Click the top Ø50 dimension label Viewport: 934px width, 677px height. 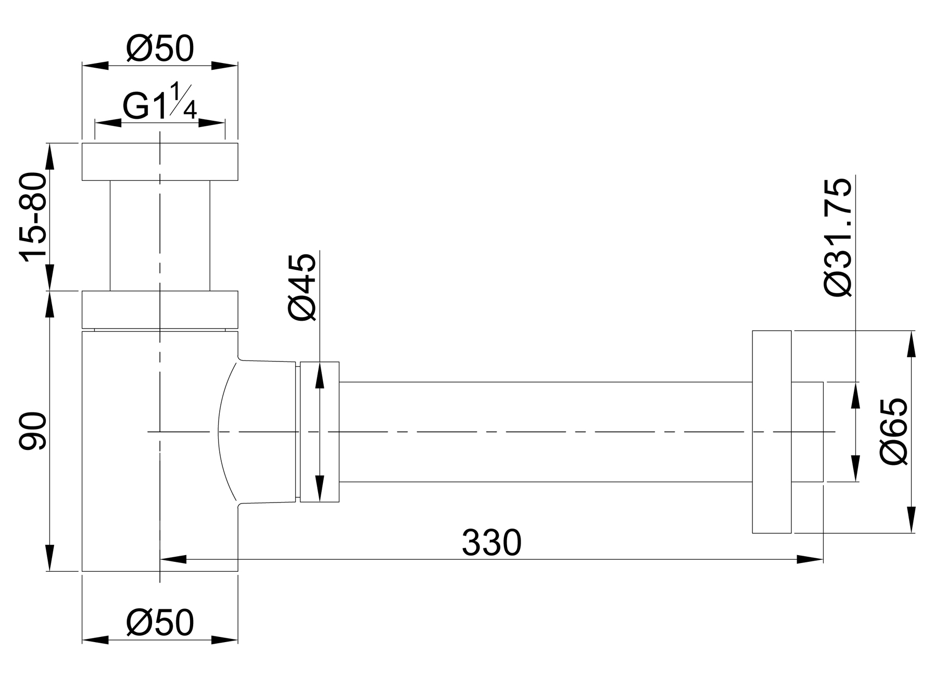click(x=160, y=49)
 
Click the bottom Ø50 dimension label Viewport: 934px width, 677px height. click(x=160, y=622)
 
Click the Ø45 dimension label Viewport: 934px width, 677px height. click(x=302, y=287)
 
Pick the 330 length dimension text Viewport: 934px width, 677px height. click(x=491, y=543)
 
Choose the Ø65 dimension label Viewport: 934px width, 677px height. click(x=893, y=431)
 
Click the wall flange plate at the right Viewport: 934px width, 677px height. click(x=772, y=432)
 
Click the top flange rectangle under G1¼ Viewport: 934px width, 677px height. click(x=160, y=161)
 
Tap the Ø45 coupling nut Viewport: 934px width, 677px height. click(x=320, y=432)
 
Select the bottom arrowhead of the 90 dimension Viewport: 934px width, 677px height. click(x=50, y=557)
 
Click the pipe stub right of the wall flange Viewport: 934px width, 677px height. click(x=807, y=432)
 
